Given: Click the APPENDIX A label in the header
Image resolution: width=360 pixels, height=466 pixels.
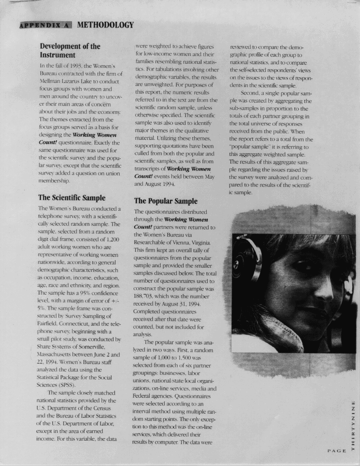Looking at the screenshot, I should point(45,25).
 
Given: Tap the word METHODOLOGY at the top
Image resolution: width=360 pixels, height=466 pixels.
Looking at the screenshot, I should point(106,25).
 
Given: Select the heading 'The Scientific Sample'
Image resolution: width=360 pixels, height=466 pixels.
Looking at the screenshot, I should point(71,197).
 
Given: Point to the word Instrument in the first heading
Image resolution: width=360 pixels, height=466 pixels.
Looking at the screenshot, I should point(57,55).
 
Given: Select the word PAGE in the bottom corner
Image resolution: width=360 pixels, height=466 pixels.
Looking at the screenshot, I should point(337,451).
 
